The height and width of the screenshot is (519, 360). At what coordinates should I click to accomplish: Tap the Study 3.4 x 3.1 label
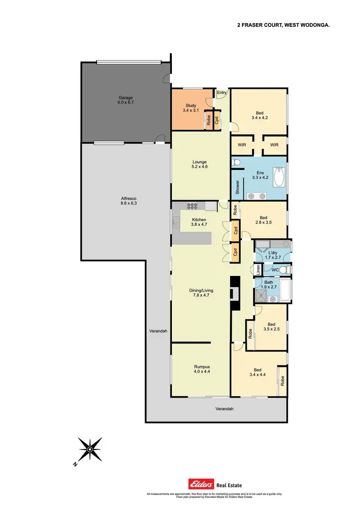click(x=191, y=108)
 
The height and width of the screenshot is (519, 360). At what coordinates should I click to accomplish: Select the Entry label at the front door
click(x=222, y=93)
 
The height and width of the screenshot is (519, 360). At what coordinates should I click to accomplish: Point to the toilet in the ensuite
click(x=235, y=164)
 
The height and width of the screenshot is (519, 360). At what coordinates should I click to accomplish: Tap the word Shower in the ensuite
click(x=237, y=187)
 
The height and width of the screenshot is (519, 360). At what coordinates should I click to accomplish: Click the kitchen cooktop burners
click(x=192, y=206)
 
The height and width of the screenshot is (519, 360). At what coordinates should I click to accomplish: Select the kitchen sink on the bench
click(x=210, y=206)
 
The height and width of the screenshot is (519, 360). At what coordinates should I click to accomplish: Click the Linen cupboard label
click(x=258, y=270)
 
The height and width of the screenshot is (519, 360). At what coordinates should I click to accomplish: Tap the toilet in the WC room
click(x=284, y=270)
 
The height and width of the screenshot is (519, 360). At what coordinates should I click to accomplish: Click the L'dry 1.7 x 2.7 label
click(x=273, y=255)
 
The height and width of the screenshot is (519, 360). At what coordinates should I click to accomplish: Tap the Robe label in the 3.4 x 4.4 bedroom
click(x=282, y=381)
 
